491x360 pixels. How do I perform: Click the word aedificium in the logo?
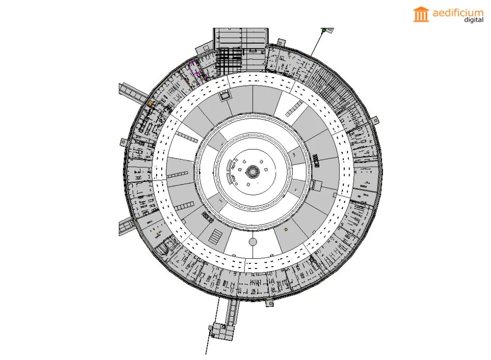coord(458,13)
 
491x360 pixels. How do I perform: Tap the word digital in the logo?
coord(474,20)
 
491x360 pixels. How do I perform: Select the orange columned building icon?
coord(421,14)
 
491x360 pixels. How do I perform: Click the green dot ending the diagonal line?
coord(324,30)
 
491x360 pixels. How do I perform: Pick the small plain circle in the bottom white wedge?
coord(253,242)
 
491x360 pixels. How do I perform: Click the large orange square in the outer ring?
coord(151,103)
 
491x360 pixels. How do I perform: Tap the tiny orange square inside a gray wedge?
coord(286,230)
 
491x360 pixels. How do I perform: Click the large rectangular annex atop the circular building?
coord(241,50)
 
